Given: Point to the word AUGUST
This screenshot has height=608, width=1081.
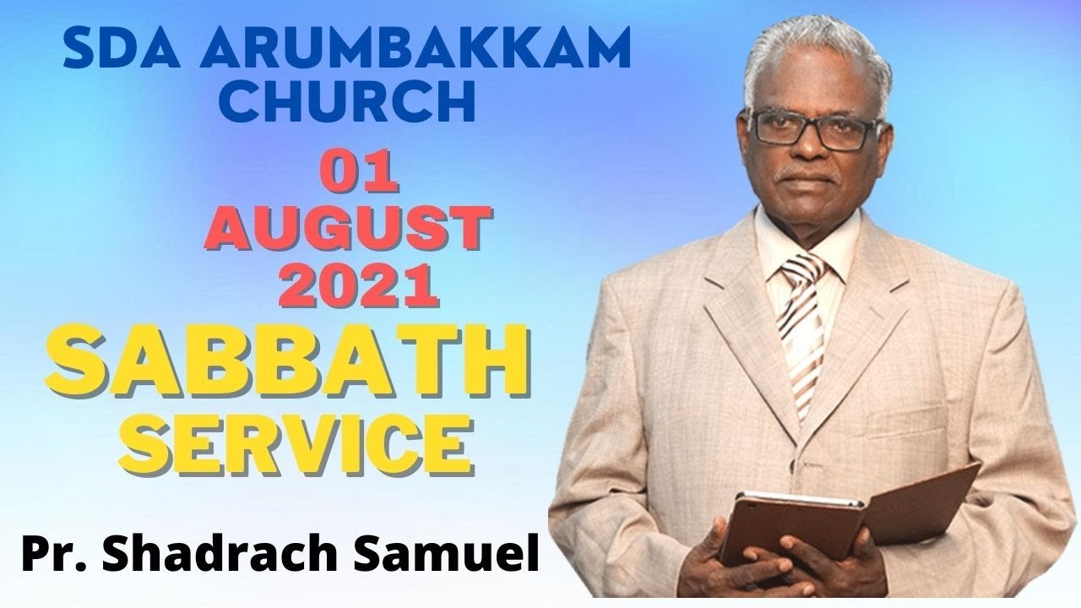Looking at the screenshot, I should pyautogui.click(x=347, y=230).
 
